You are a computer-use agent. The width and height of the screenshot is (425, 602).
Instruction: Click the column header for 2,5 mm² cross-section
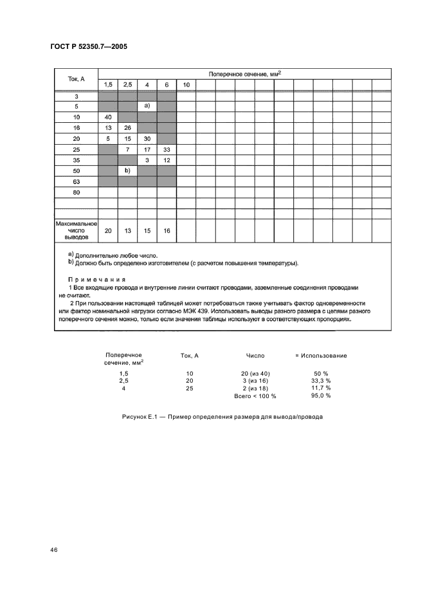click(127, 85)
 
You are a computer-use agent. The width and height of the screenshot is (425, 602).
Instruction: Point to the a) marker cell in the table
click(147, 106)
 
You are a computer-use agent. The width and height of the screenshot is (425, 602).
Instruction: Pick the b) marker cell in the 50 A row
click(127, 170)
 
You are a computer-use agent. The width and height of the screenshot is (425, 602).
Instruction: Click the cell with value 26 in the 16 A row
click(127, 127)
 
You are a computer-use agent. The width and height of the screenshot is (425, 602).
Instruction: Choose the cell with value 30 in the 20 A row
click(147, 138)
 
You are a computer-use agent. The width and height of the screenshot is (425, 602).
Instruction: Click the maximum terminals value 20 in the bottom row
click(107, 231)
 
